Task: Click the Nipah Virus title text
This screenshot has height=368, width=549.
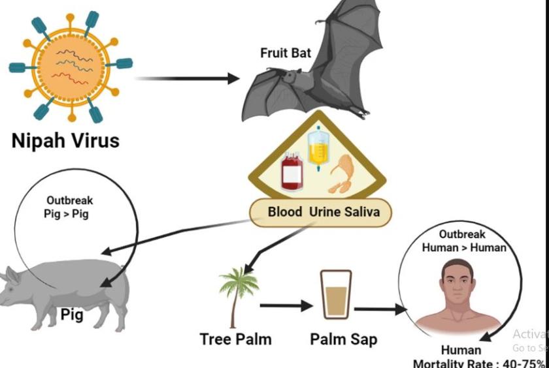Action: tap(65, 140)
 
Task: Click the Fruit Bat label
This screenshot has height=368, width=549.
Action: tap(286, 53)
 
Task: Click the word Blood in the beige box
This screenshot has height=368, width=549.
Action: tap(285, 212)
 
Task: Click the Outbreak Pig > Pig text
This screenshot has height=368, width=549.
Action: tap(69, 207)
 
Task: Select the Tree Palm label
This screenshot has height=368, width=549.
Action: tap(235, 339)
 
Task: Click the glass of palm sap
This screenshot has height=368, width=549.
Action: tap(336, 295)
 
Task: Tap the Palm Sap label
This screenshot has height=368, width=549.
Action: tap(343, 339)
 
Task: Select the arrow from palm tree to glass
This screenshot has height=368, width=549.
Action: tap(286, 305)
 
